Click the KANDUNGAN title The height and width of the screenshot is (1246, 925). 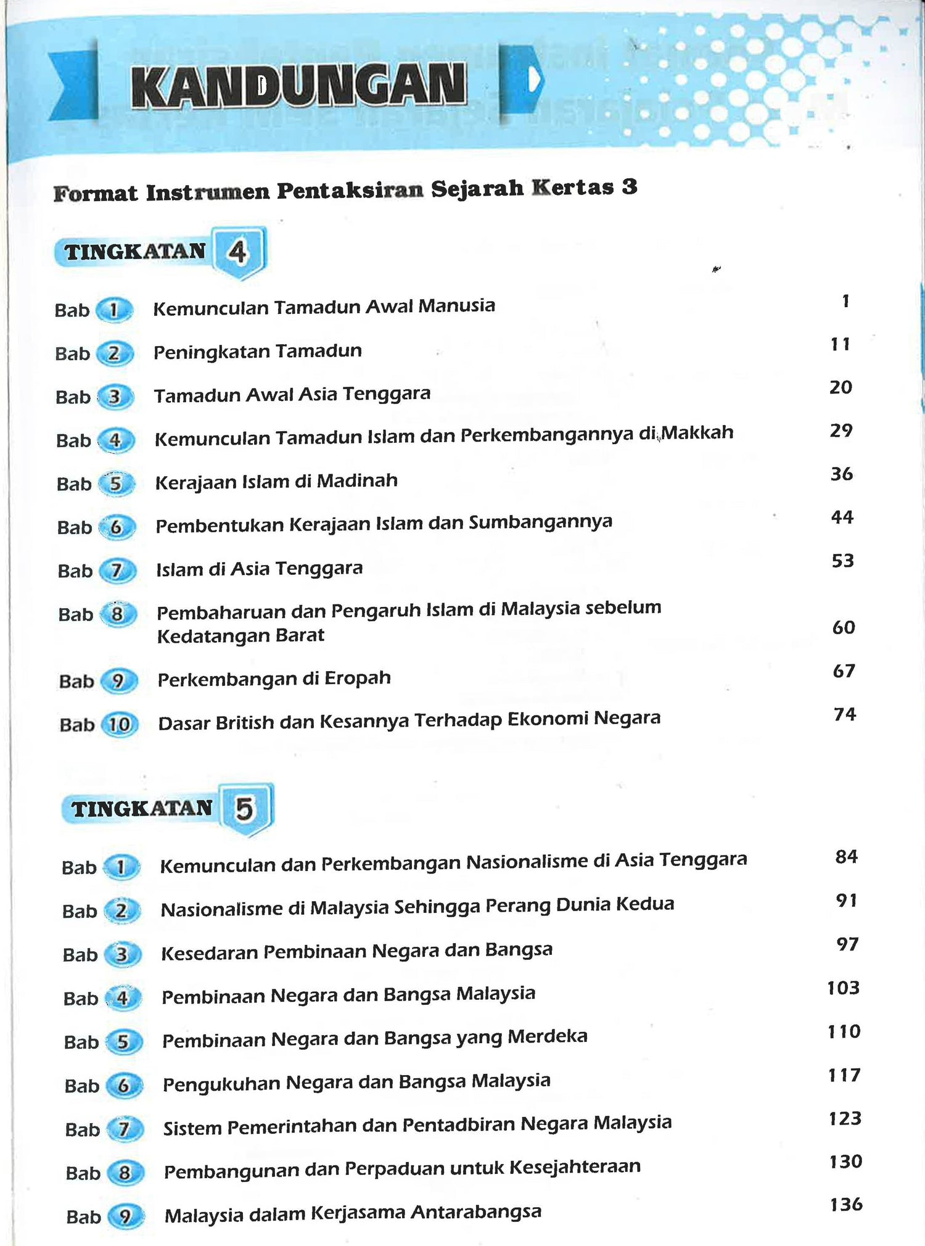click(298, 86)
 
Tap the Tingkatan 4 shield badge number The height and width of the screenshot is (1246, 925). click(237, 252)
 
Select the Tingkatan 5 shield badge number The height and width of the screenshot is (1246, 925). click(245, 809)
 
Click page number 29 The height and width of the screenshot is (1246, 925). click(841, 431)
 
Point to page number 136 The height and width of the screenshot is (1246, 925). click(846, 1204)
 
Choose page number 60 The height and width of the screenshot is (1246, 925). click(844, 627)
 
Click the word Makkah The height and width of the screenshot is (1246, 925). click(697, 432)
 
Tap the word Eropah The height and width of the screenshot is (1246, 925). click(358, 678)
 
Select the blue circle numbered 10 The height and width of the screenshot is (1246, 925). click(120, 725)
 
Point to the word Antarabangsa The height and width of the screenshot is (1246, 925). click(476, 1212)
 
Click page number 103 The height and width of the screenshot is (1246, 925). click(844, 988)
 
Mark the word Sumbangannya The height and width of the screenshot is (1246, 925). click(540, 522)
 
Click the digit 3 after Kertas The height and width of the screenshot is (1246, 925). click(629, 187)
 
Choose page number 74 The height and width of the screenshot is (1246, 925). click(845, 714)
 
